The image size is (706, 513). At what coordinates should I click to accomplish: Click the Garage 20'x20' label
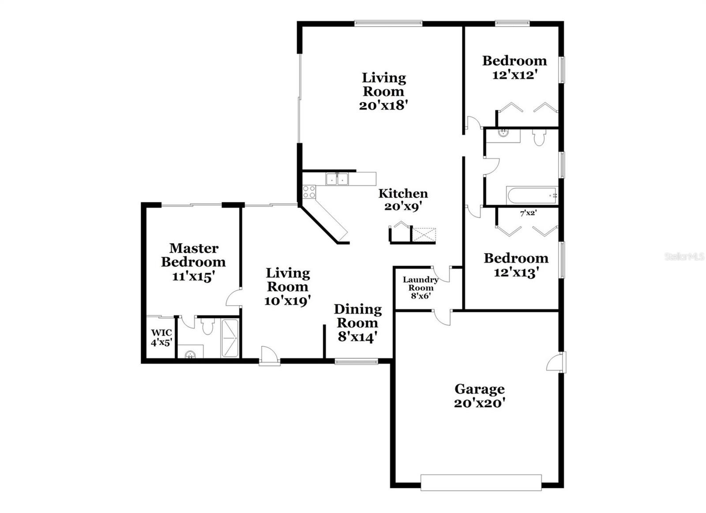point(479,396)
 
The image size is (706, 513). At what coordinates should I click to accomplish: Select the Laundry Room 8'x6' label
point(421,288)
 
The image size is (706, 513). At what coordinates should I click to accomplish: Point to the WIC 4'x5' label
point(161,337)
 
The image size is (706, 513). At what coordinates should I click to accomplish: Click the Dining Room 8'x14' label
point(357,323)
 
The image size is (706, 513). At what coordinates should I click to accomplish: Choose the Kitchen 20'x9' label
point(403,200)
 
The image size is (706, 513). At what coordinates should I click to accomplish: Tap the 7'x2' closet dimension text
point(528,213)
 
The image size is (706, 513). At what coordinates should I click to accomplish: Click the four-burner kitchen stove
point(309,191)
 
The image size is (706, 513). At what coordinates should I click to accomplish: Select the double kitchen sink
point(337,179)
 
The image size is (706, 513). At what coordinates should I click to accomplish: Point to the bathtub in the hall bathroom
point(532,195)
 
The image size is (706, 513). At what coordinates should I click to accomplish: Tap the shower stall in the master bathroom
point(230,338)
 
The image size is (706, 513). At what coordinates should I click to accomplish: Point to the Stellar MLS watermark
point(684,257)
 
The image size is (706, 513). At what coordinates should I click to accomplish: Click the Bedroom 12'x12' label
point(514,67)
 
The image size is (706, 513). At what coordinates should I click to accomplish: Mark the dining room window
point(356,361)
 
